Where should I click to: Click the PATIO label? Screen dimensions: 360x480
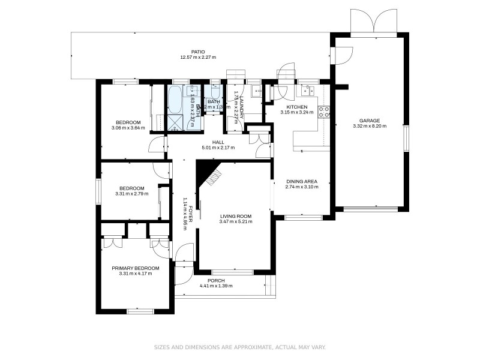tap(197, 52)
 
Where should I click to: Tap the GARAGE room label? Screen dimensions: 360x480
tap(370, 120)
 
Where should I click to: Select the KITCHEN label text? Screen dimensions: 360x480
tap(296, 107)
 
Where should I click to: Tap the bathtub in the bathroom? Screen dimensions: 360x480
tap(175, 99)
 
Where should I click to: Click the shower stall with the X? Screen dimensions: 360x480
tap(176, 122)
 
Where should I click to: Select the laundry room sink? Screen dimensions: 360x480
tap(255, 92)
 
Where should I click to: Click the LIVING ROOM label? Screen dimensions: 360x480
tap(236, 216)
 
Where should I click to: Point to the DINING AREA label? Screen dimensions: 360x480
tap(301, 181)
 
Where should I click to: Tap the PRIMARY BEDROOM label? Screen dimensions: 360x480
tap(136, 268)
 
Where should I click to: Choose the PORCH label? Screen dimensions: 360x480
tap(216, 280)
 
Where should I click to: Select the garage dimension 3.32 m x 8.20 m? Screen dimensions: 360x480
tap(370, 126)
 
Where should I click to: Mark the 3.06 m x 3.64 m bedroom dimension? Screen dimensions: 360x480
tap(128, 128)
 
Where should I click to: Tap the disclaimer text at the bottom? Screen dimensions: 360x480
tap(239, 347)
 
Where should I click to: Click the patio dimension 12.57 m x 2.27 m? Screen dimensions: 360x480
tap(197, 58)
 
